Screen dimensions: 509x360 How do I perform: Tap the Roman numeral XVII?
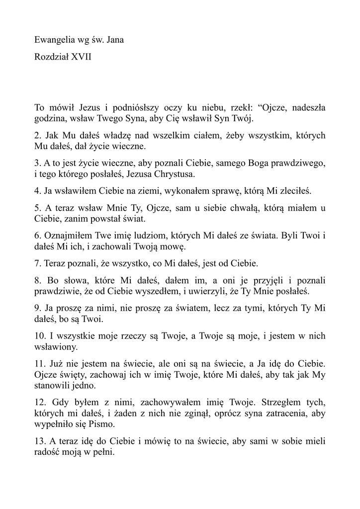pos(82,57)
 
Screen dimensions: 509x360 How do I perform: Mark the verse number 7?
pos(38,263)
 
